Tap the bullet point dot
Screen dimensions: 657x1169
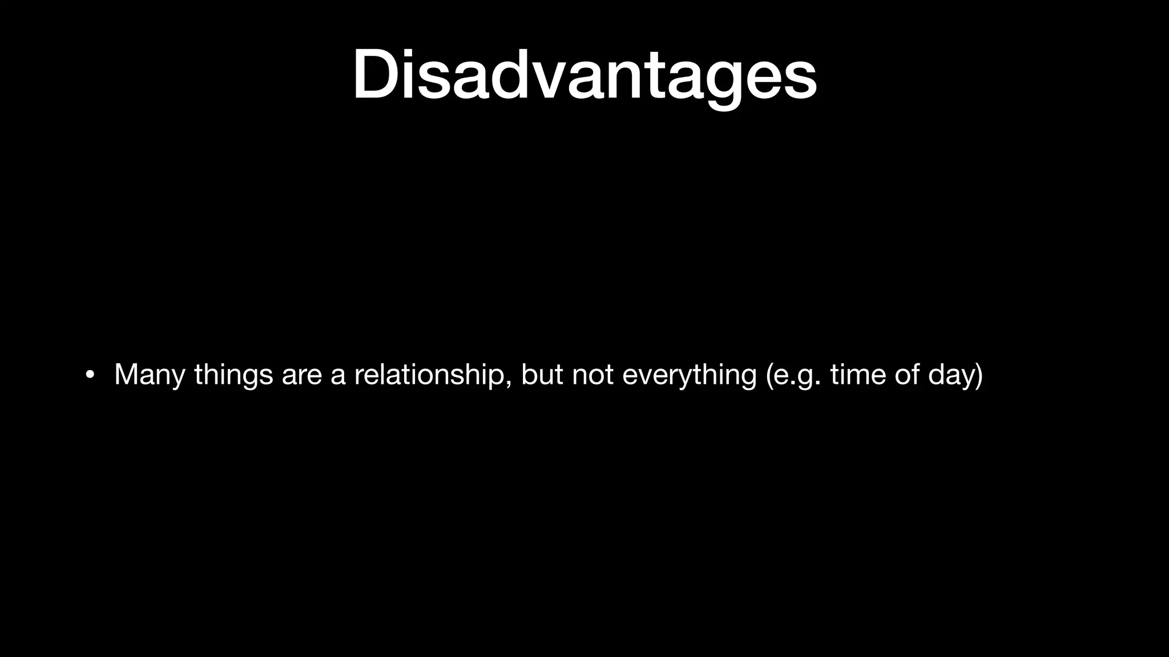pos(89,375)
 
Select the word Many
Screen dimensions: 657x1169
pos(150,375)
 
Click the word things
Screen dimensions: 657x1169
pos(233,375)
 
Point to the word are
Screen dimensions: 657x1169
pos(302,375)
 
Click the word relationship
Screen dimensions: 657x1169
pos(429,375)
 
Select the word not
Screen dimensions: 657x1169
pos(592,374)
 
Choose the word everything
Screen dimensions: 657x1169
pos(689,375)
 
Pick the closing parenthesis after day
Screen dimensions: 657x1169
pos(978,375)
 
